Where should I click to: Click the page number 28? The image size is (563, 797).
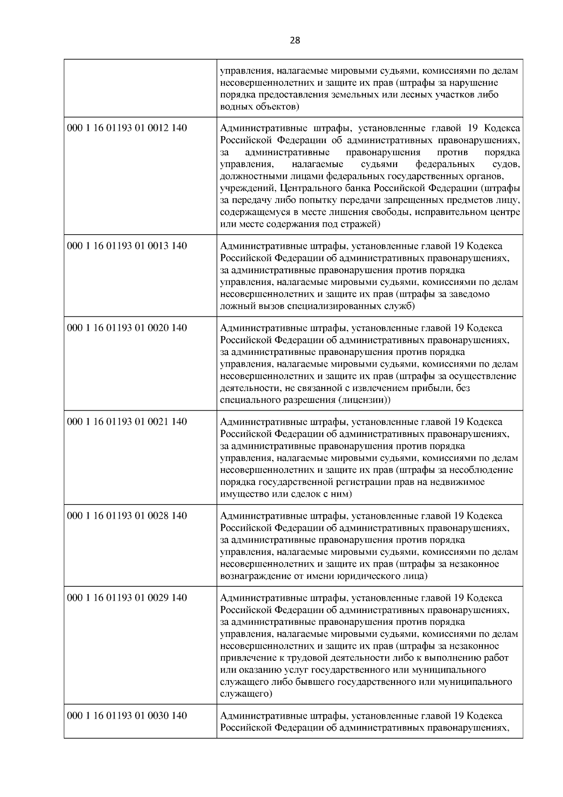295,40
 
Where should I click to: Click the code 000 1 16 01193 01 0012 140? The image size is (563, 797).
127,128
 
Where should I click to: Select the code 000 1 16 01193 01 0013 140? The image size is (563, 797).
127,246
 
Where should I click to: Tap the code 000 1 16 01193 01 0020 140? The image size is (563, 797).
127,328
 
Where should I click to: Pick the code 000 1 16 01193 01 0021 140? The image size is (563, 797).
127,421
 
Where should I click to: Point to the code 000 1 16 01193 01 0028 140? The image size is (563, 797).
127,516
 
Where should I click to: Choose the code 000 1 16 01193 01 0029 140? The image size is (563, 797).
127,598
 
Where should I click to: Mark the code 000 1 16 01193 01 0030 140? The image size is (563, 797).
127,715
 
